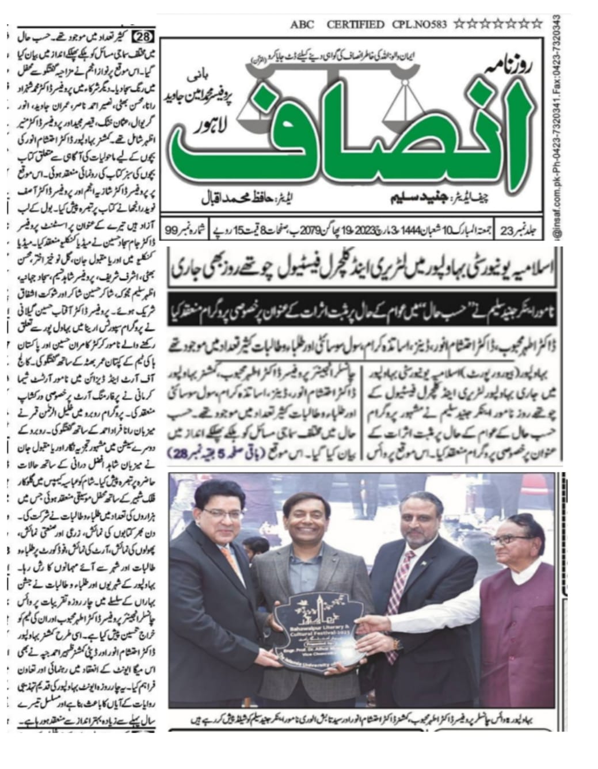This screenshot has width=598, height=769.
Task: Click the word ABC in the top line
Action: tap(302, 25)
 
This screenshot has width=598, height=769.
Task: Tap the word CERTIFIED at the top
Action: tap(355, 25)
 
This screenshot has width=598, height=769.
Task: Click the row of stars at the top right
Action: tap(498, 24)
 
